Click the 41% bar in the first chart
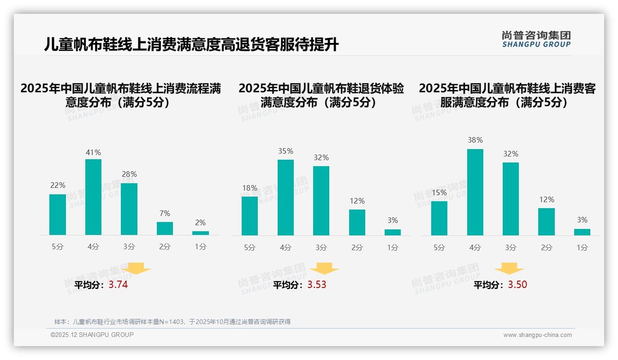[x=93, y=197]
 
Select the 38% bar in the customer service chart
[x=475, y=192]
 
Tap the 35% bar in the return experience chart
[x=285, y=198]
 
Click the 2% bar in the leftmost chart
[x=201, y=233]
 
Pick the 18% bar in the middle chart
[x=250, y=216]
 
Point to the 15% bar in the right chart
[x=439, y=218]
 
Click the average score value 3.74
[x=118, y=285]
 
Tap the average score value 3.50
[x=517, y=285]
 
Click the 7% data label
[x=165, y=213]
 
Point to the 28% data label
[x=129, y=174]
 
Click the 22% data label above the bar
[x=58, y=185]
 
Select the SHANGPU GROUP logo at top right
[x=536, y=39]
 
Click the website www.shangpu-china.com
[x=537, y=335]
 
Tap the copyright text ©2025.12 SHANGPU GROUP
[x=92, y=335]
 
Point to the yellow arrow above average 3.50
[x=509, y=269]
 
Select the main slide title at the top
[x=191, y=45]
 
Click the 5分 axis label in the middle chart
[x=250, y=247]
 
